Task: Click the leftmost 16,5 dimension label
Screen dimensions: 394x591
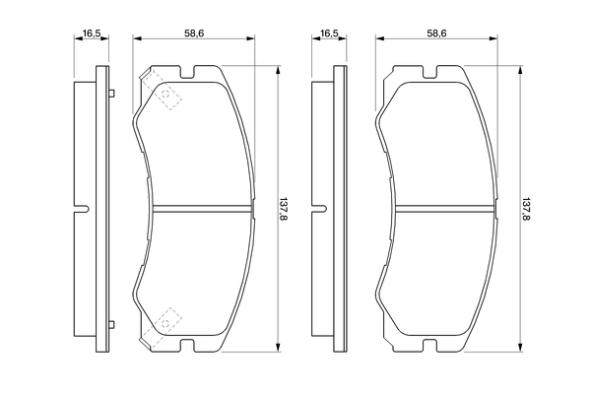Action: tap(93, 33)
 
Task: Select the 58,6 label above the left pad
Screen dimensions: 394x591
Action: tap(194, 33)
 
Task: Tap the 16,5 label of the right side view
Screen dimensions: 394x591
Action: tap(328, 33)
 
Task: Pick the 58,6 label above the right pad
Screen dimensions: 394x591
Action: tap(436, 33)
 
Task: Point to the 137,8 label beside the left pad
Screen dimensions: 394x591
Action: tap(285, 209)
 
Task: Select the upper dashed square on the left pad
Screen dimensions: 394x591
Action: tap(168, 95)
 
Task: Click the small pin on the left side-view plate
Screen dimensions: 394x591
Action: tap(113, 94)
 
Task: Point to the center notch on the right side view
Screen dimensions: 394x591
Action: tap(317, 208)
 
